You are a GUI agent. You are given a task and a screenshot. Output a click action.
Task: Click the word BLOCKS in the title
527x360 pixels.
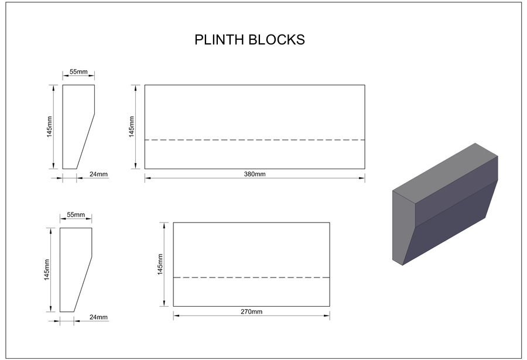tap(277, 40)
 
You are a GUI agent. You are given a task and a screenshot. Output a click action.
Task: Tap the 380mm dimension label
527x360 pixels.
tap(255, 174)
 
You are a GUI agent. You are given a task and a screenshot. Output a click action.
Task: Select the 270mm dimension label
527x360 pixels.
tap(251, 311)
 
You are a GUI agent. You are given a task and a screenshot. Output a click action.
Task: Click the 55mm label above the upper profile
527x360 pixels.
tap(78, 71)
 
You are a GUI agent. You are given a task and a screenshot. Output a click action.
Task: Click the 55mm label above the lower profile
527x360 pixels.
tap(76, 214)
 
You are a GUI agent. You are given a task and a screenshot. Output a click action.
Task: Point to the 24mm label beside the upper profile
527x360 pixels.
tap(98, 174)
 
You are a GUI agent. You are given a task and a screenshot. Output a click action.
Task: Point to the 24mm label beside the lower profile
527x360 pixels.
tap(98, 317)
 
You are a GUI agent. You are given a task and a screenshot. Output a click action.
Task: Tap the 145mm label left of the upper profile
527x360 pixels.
tap(49, 126)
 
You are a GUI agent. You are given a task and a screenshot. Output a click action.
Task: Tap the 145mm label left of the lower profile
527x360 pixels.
tap(47, 270)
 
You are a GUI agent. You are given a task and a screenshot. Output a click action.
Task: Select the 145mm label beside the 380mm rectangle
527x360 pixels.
tap(131, 126)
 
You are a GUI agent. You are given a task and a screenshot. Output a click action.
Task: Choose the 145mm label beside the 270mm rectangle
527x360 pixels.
tap(160, 264)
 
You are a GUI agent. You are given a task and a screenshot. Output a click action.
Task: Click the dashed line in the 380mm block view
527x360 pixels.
tap(255, 140)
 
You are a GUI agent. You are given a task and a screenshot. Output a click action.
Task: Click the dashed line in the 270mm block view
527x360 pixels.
tap(251, 277)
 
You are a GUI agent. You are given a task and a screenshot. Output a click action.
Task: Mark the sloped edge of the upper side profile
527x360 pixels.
tap(85, 141)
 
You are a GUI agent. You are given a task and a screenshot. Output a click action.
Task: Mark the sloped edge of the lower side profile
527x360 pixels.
tap(83, 284)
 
